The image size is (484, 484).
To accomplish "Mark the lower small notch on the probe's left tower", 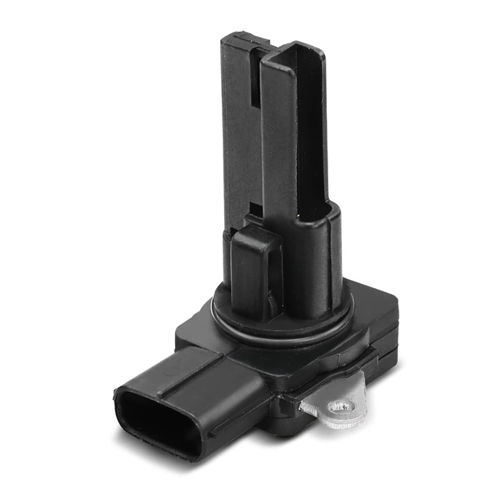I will pos(254,211).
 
